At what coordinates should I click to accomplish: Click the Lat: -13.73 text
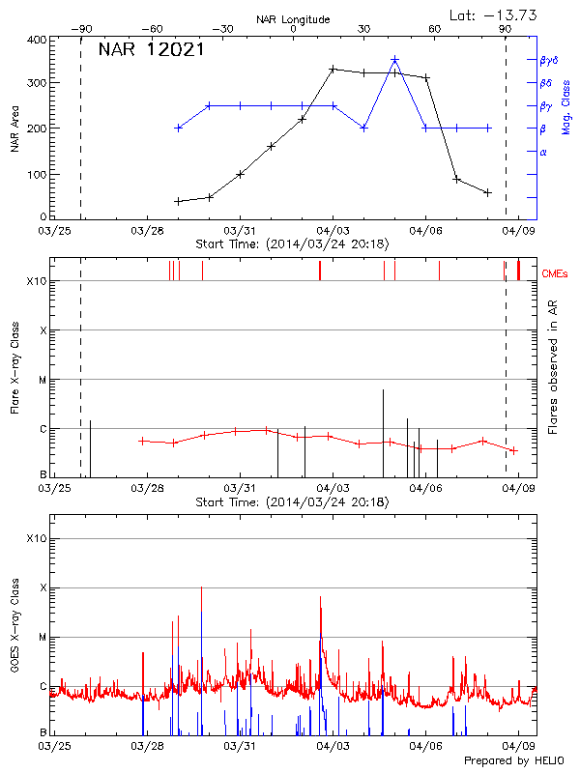point(495,14)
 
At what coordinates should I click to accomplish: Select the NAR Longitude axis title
point(293,18)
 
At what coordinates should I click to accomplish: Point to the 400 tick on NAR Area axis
point(36,41)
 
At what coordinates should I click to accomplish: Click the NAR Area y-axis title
point(14,128)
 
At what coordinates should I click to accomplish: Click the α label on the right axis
point(543,152)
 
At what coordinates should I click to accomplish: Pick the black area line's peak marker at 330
point(333,70)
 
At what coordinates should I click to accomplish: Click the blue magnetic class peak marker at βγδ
point(394,60)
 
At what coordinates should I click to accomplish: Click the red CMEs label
point(555,275)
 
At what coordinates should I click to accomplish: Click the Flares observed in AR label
point(552,367)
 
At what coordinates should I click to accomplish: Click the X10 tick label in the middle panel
point(36,281)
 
